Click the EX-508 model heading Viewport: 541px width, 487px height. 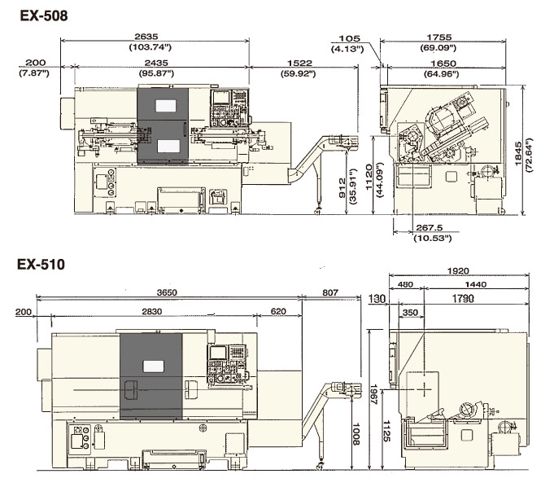(44, 15)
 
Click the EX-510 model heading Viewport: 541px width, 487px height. (41, 265)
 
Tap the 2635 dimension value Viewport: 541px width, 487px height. (146, 37)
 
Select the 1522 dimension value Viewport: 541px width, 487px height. (299, 63)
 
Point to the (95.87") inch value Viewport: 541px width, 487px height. (156, 73)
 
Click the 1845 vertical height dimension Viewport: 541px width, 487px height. (518, 153)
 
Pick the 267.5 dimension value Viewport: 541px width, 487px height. (430, 227)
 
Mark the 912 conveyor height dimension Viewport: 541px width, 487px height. (342, 188)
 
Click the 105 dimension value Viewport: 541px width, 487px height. (349, 38)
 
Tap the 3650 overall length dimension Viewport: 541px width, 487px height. (167, 292)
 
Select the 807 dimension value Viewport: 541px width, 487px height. (330, 292)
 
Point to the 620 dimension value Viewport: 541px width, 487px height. (278, 312)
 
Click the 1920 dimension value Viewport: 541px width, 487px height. (458, 271)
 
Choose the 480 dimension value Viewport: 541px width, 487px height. (405, 284)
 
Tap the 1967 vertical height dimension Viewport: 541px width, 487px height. (374, 394)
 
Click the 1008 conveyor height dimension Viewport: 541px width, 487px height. (356, 434)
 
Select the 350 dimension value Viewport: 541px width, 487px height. (410, 313)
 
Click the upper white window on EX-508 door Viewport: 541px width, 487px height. (166, 106)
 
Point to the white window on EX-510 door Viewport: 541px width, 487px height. (153, 366)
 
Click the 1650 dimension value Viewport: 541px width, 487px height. (443, 64)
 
